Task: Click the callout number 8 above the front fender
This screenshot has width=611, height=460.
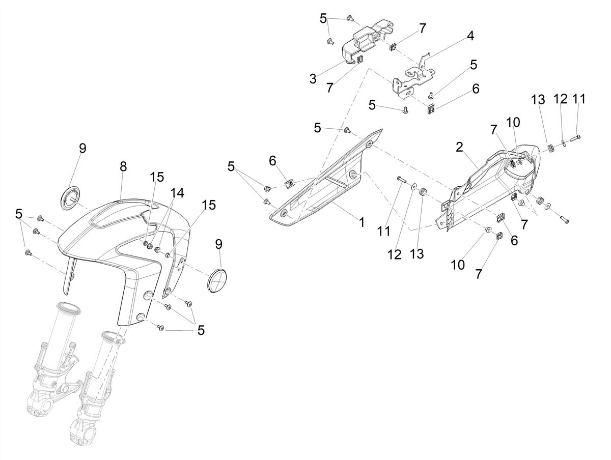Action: [x=123, y=166]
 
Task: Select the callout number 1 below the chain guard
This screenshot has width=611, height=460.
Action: [x=362, y=222]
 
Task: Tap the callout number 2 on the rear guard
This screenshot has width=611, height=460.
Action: [x=460, y=147]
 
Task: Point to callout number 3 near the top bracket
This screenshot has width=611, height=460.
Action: [x=313, y=79]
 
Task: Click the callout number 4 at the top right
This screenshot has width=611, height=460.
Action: [x=470, y=36]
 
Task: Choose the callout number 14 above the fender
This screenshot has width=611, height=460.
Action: [x=177, y=193]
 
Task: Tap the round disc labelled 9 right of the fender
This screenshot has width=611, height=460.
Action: [x=217, y=280]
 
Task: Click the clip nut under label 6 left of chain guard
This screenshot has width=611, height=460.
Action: [x=289, y=184]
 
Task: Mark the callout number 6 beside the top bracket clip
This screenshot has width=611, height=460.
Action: [x=476, y=89]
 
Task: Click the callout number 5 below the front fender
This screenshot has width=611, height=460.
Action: [x=201, y=330]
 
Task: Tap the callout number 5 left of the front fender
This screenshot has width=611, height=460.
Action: [x=19, y=214]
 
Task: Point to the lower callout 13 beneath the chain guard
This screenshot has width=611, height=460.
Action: [x=416, y=253]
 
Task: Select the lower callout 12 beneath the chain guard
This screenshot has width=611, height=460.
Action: [x=395, y=254]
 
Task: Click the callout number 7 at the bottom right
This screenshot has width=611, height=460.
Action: [x=478, y=274]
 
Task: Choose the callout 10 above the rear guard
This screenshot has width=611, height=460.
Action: [x=513, y=122]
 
